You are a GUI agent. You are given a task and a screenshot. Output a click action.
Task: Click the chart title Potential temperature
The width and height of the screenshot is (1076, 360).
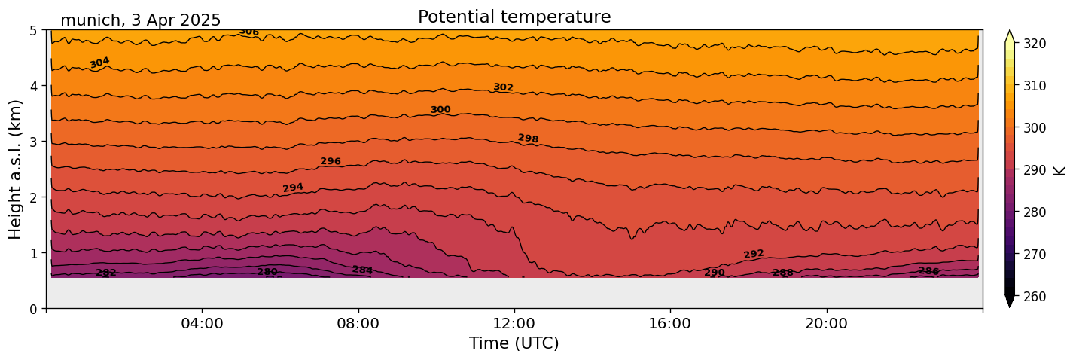pos(514,17)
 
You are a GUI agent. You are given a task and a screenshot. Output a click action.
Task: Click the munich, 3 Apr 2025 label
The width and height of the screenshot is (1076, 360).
pos(140,20)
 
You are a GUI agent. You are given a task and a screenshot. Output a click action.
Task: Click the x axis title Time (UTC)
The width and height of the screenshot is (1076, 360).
pos(514,343)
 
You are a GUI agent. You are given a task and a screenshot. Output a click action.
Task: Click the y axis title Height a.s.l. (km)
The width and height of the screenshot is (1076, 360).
pos(16,169)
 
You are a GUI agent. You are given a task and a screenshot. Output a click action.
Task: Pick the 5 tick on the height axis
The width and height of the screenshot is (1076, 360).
pos(34,30)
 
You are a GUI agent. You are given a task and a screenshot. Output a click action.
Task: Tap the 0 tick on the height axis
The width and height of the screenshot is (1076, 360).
pos(34,309)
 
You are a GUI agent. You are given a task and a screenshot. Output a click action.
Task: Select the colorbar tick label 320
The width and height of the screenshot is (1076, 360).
pos(1033,44)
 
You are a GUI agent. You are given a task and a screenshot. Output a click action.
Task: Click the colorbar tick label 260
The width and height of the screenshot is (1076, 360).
pos(1033,297)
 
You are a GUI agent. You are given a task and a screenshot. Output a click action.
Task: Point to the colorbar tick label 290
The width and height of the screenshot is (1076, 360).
pos(1033,170)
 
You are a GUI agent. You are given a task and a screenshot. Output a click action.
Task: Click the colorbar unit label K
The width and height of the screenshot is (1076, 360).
pos(1060,170)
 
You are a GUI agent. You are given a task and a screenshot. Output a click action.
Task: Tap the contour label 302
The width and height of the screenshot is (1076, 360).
pos(503,87)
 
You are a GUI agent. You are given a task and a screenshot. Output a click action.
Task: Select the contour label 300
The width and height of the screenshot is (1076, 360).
pos(440,110)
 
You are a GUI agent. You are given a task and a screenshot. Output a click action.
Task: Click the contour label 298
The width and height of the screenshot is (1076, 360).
pos(528,139)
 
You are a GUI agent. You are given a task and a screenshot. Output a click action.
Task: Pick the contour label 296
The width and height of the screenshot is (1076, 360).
pos(331,161)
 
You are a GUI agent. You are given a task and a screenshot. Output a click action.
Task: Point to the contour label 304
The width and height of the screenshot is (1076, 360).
pos(99,63)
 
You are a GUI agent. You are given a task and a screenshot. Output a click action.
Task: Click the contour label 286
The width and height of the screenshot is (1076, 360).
pos(928,271)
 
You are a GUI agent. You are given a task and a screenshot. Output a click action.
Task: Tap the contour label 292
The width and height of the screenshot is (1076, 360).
pos(754,255)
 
